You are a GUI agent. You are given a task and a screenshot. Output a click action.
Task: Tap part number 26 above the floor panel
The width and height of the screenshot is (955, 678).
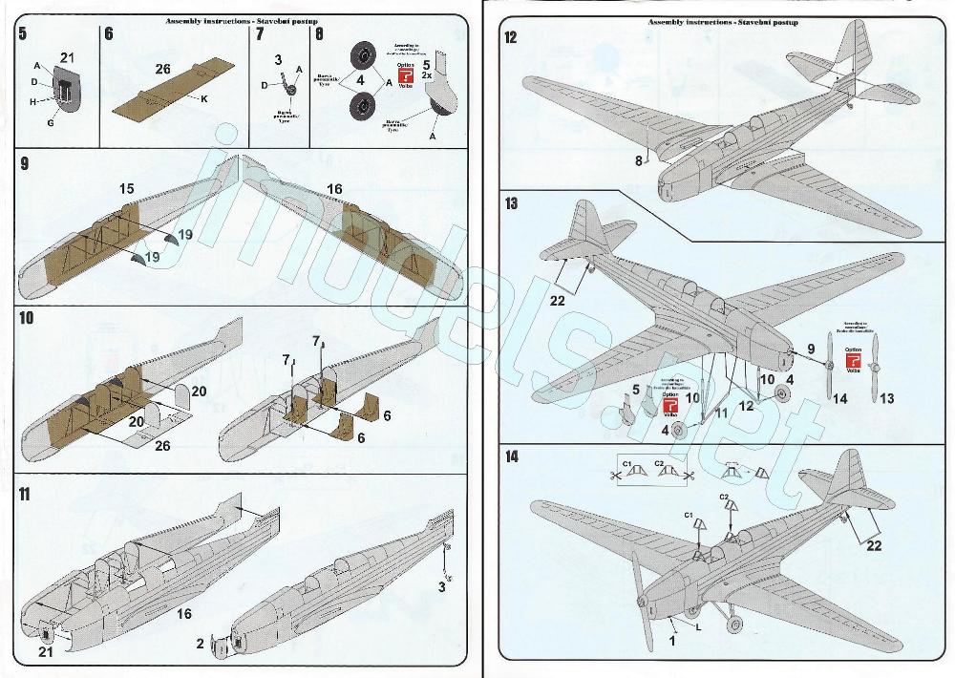pos(161,69)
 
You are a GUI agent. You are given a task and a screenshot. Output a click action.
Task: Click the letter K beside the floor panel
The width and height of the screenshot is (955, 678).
pos(204,99)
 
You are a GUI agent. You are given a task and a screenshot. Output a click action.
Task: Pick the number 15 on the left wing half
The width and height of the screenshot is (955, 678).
pos(126,191)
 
